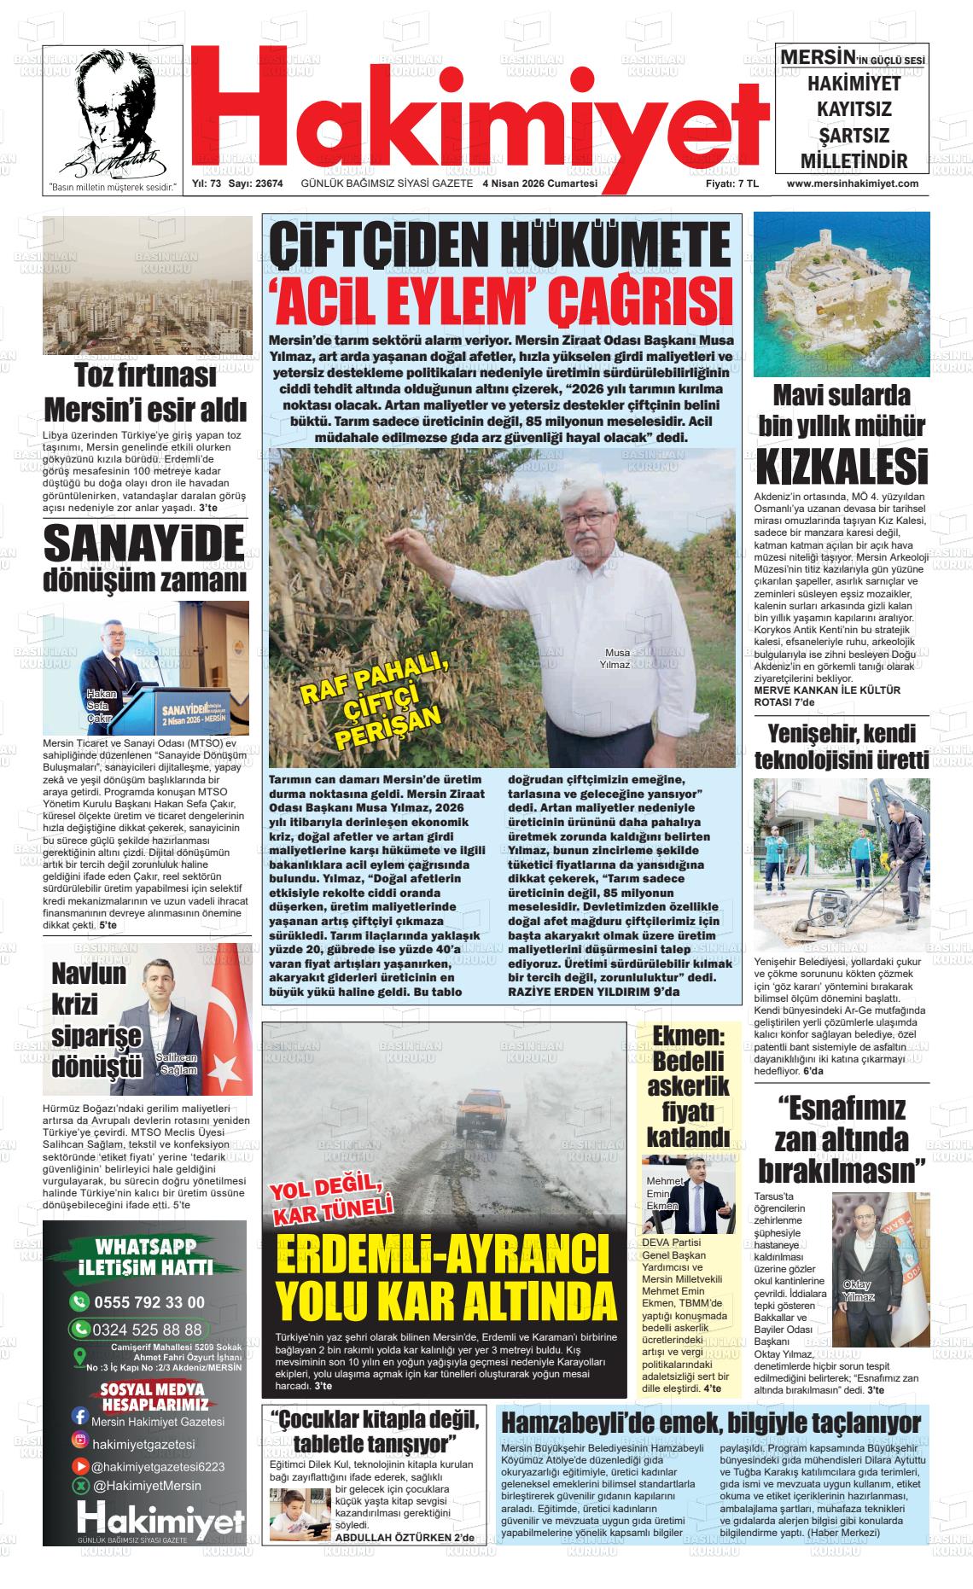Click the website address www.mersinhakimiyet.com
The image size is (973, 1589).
(x=852, y=183)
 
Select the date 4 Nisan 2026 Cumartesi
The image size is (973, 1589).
(x=540, y=183)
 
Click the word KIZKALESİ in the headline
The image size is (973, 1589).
(x=841, y=468)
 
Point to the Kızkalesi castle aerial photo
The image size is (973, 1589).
(x=841, y=294)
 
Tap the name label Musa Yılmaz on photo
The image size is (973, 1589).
(x=615, y=659)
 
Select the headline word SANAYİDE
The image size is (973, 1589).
(x=144, y=544)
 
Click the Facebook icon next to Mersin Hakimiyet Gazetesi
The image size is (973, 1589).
(x=80, y=1417)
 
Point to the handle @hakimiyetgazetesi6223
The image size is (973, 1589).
(x=158, y=1466)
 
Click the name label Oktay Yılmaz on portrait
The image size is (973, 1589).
(x=858, y=1291)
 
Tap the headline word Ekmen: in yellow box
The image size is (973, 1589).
(x=687, y=1036)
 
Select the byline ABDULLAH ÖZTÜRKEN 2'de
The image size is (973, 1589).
(x=405, y=1560)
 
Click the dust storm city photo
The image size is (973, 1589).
(x=147, y=285)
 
